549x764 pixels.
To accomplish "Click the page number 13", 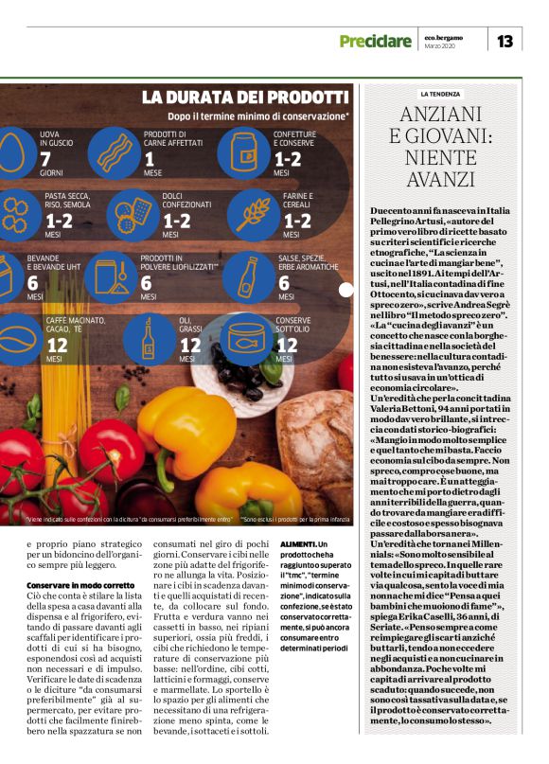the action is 505,41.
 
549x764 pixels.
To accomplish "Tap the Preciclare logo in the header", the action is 377,42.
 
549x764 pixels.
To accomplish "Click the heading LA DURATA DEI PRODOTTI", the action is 245,97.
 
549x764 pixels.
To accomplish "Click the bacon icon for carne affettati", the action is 116,151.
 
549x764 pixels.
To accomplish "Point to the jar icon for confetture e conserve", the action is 244,152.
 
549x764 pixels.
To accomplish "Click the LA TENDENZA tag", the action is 440,95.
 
